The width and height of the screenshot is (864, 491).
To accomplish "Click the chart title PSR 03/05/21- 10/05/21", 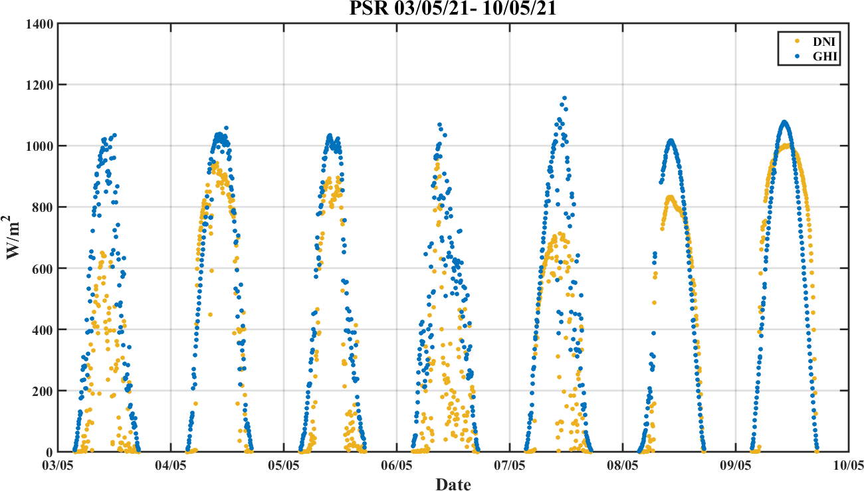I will [x=453, y=9].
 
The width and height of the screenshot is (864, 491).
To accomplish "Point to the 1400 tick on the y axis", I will [x=40, y=24].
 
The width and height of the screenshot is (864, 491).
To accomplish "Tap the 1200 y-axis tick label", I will [x=40, y=85].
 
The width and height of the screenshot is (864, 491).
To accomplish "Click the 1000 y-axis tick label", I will [x=40, y=146].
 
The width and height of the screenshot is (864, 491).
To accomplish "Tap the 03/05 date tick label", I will [x=58, y=464].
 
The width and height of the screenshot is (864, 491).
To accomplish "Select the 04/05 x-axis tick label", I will [x=171, y=464].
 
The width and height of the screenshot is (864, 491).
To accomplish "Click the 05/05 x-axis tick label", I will [x=284, y=464].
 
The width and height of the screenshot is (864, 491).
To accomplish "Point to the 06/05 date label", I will [x=397, y=464].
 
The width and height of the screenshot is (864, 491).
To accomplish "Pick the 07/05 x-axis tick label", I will [x=510, y=464].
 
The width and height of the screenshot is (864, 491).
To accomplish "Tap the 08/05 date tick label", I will [x=623, y=464].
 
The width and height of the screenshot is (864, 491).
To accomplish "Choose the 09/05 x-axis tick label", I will [x=736, y=464].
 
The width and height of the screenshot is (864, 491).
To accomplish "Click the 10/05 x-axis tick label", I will [x=848, y=464].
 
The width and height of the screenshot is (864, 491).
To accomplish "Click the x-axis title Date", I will [x=453, y=484].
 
